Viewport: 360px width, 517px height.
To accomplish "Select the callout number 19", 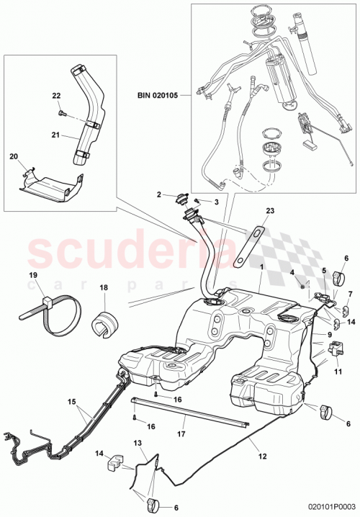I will (33, 276).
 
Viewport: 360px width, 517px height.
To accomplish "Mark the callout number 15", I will (71, 402).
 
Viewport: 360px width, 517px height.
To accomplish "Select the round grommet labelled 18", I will (106, 323).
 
